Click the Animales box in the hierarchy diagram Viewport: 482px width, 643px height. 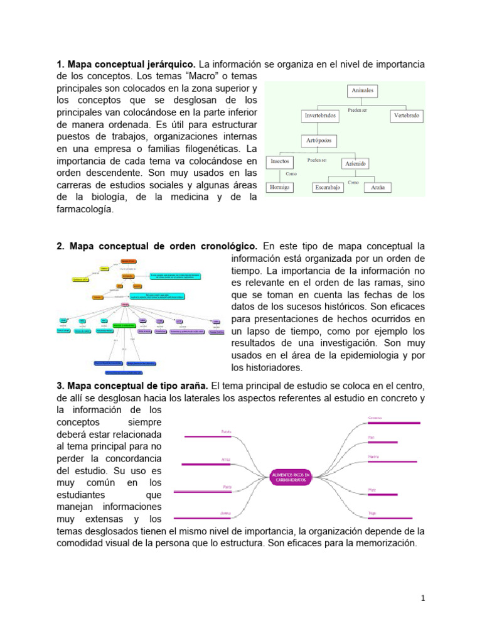[x=362, y=91]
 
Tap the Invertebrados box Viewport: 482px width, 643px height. [x=320, y=116]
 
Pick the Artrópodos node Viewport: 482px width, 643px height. [x=320, y=139]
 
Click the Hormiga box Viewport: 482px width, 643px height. [x=281, y=187]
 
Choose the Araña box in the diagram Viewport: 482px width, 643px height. [x=378, y=187]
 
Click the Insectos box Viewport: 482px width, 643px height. [x=279, y=161]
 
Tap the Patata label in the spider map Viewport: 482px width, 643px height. [x=227, y=431]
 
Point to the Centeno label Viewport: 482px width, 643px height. [x=375, y=418]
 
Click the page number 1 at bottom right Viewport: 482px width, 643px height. [x=423, y=598]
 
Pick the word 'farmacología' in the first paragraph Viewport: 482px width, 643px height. [x=85, y=210]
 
